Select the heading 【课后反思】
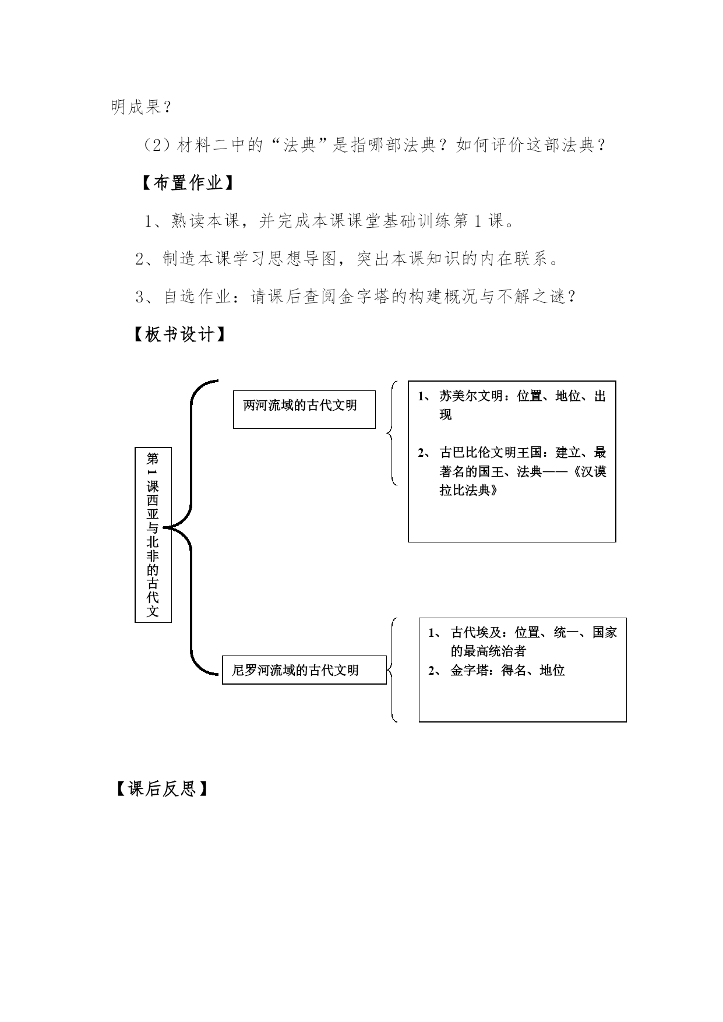(161, 789)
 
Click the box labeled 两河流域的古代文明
(304, 409)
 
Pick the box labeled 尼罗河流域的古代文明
(304, 670)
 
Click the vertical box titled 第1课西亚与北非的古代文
(153, 535)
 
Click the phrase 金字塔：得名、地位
(507, 670)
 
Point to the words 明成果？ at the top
(141, 107)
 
